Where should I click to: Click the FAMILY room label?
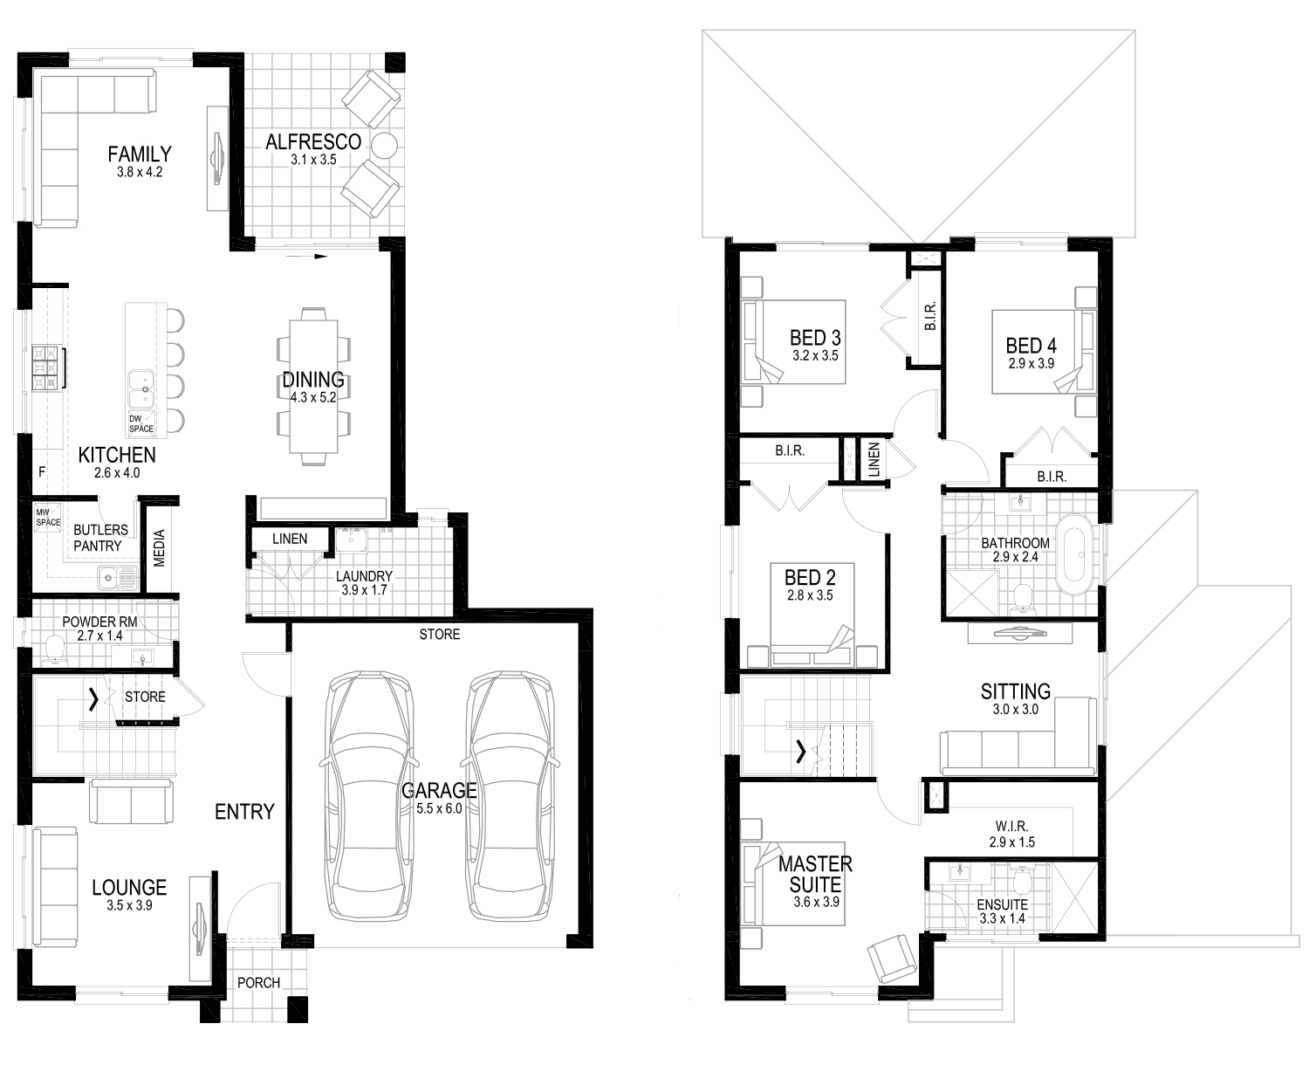click(140, 154)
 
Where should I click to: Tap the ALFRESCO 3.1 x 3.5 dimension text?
click(312, 160)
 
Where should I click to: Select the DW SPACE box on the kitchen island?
click(140, 424)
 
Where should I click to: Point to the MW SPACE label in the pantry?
click(48, 518)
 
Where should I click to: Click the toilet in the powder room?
click(55, 651)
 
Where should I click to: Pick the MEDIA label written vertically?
click(159, 548)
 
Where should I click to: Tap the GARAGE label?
click(439, 790)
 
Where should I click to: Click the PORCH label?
click(258, 983)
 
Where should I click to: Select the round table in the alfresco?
click(384, 146)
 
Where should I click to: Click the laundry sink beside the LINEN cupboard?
click(352, 540)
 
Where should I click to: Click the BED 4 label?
click(1031, 346)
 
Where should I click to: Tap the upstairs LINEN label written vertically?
click(874, 460)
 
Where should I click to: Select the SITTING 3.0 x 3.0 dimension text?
click(1015, 709)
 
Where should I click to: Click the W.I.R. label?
click(1011, 826)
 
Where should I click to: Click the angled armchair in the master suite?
click(893, 958)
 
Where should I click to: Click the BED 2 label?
click(810, 578)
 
